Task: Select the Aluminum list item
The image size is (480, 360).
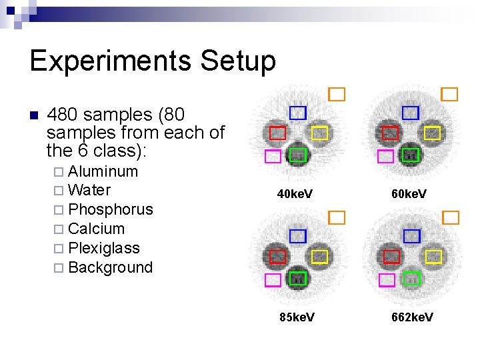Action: [103, 171]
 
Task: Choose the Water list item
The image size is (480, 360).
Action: [89, 190]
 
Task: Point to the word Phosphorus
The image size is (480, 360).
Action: [111, 209]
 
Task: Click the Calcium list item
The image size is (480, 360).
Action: [96, 229]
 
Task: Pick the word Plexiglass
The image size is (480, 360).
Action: [104, 248]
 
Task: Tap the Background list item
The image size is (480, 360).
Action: [110, 267]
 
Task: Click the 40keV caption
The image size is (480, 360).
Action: [295, 195]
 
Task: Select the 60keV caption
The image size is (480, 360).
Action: [409, 195]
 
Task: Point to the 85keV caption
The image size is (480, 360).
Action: [297, 317]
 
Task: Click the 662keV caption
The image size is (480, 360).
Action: [412, 317]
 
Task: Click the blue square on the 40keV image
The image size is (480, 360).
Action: [297, 113]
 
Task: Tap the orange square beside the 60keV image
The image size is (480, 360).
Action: [450, 94]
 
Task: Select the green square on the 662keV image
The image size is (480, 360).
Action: [413, 278]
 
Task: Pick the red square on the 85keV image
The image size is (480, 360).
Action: [278, 256]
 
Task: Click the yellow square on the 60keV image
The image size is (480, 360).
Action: [433, 133]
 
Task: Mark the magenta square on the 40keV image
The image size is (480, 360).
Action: [273, 157]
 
